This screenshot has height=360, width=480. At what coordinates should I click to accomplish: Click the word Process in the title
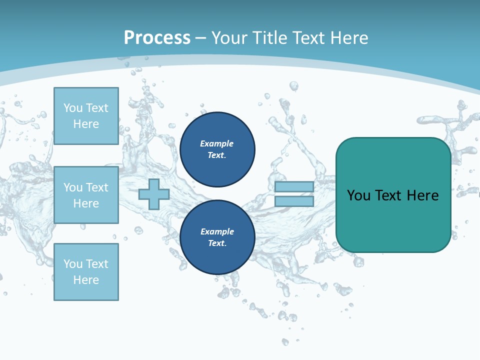(157, 38)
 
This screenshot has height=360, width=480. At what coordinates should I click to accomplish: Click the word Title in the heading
(270, 38)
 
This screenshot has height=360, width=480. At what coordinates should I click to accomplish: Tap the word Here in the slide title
(348, 38)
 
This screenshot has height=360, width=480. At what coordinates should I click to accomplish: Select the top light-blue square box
(86, 116)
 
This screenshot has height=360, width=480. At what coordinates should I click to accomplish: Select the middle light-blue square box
(86, 195)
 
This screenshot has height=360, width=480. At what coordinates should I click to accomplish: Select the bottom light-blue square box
(86, 272)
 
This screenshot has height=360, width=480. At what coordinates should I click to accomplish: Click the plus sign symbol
(154, 194)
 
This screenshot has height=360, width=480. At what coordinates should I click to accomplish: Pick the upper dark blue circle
(217, 149)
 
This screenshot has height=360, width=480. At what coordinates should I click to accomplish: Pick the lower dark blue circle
(217, 237)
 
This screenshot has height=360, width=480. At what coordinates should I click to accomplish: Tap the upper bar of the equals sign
(294, 187)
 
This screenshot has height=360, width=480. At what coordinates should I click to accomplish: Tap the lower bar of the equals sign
(294, 201)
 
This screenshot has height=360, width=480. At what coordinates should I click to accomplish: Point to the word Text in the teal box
(388, 195)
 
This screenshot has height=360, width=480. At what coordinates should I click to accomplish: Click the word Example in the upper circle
(216, 144)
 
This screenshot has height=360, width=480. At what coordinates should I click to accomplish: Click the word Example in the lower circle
(216, 232)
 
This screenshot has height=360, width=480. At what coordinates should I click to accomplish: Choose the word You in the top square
(73, 108)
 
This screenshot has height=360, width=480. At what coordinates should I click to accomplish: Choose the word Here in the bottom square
(86, 280)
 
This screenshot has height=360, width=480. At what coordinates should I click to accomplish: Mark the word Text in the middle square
(96, 187)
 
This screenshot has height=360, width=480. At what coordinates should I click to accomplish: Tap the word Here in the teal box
(422, 195)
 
